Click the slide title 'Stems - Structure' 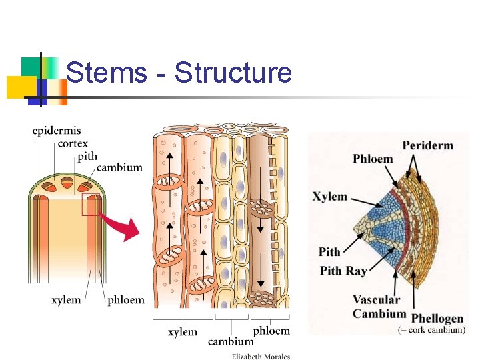[x=179, y=73]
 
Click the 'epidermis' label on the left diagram [x=57, y=131]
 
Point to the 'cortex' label [x=73, y=143]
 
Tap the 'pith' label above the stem [x=87, y=155]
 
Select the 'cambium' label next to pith [x=119, y=167]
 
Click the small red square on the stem [x=91, y=205]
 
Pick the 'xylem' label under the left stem [x=66, y=300]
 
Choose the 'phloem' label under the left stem [x=125, y=300]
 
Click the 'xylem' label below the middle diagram [x=183, y=331]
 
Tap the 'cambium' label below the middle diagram [x=231, y=341]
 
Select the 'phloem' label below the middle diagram [x=271, y=331]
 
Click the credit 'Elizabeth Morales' [x=261, y=356]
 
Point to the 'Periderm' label [x=427, y=145]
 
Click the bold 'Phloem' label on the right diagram [x=373, y=159]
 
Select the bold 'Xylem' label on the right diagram [x=330, y=197]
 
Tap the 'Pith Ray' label [x=343, y=270]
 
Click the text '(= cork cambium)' [x=431, y=330]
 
